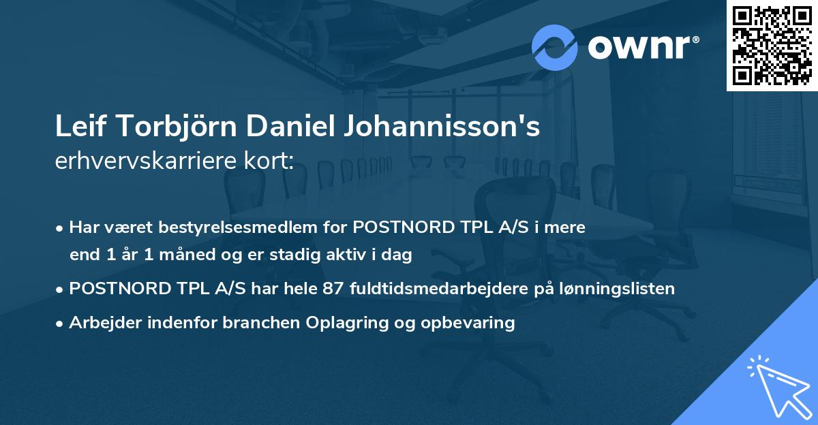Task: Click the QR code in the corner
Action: pos(772,45)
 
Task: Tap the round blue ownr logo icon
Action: pos(555,47)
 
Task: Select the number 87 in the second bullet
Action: pos(333,289)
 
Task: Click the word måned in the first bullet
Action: pos(179,255)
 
